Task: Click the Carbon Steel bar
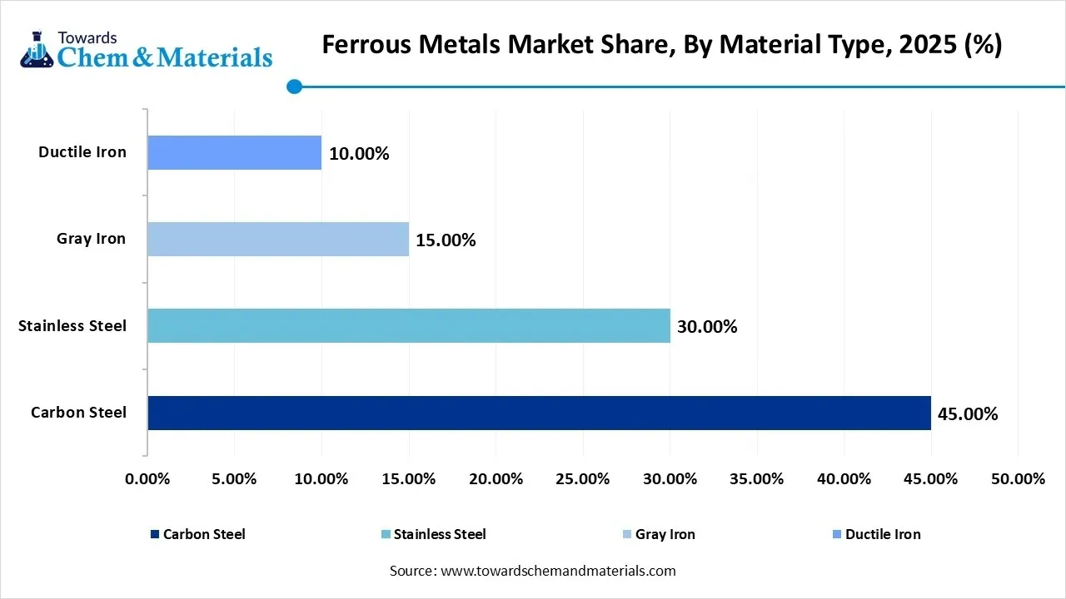[x=539, y=413]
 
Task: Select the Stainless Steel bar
[x=408, y=325]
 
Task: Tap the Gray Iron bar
[x=278, y=239]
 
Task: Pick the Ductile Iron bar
[x=234, y=152]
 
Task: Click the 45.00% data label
[x=968, y=413]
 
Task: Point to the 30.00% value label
[x=707, y=327]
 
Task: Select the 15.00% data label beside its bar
[x=446, y=240]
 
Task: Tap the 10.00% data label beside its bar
[x=359, y=154]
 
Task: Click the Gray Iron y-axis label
[x=91, y=239]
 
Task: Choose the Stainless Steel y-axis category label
[x=72, y=325]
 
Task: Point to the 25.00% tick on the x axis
[x=583, y=479]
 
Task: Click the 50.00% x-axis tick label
[x=1018, y=479]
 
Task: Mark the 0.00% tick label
[x=147, y=479]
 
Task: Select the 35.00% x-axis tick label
[x=757, y=479]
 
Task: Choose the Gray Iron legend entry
[x=665, y=534]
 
